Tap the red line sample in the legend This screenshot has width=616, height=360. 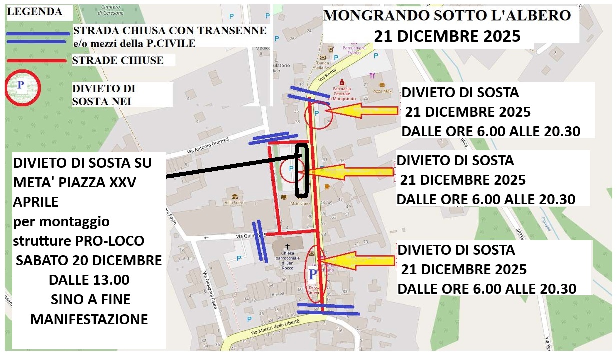tap(36, 61)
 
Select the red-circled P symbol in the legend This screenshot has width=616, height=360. tap(22, 87)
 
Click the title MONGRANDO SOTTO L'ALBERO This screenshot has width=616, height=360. tap(447, 15)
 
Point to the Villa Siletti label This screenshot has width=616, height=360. tap(234, 202)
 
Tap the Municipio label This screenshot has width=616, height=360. tap(300, 204)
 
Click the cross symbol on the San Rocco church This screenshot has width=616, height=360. tap(288, 246)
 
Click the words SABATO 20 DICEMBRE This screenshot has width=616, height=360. tap(89, 261)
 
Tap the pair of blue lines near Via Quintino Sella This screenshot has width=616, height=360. tap(259, 241)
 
